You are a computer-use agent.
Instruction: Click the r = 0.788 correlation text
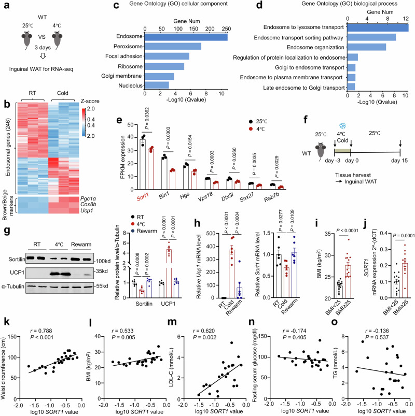coord(43,311)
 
